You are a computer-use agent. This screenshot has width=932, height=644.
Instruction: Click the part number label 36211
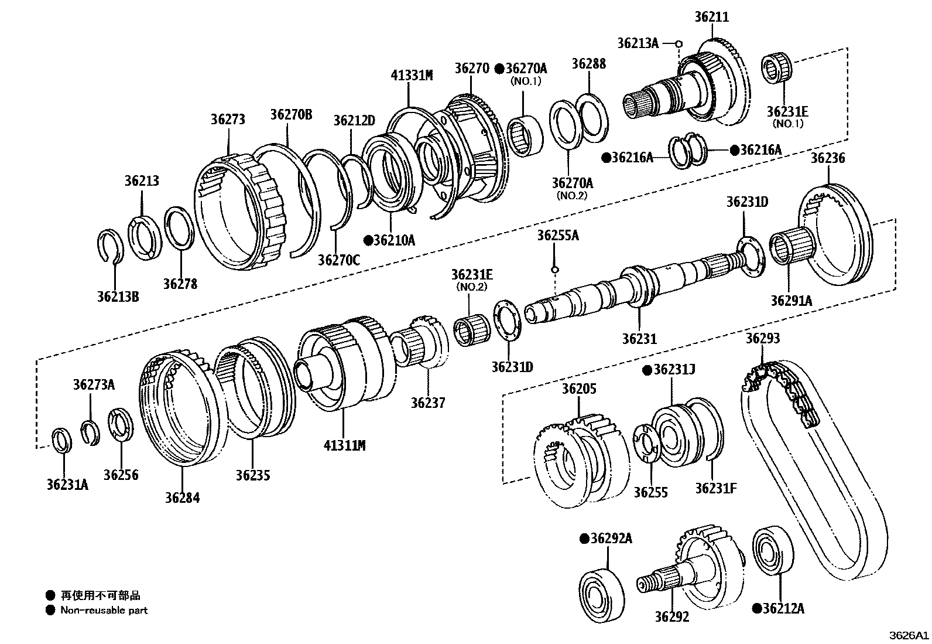(712, 17)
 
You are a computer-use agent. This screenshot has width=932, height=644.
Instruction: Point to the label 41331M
(412, 75)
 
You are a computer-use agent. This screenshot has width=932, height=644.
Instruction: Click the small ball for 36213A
(679, 43)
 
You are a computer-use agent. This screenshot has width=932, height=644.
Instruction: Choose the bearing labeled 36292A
(601, 592)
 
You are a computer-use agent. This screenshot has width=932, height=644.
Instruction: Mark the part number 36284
(182, 498)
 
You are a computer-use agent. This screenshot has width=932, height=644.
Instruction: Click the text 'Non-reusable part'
(104, 610)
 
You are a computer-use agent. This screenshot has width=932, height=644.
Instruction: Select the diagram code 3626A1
(910, 635)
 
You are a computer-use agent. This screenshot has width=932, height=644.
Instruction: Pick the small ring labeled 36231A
(62, 441)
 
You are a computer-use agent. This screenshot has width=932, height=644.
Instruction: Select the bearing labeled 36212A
(773, 551)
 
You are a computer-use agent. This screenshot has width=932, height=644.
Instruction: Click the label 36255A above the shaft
(558, 236)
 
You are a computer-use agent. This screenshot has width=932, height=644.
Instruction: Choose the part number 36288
(589, 63)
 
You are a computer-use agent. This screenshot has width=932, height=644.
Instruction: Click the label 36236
(828, 157)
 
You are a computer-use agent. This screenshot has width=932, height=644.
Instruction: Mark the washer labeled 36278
(178, 229)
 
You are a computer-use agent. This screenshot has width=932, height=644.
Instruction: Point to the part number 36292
(671, 616)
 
